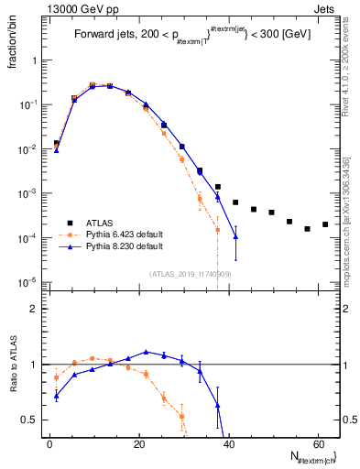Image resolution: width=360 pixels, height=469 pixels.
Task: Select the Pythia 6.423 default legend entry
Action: tap(115, 234)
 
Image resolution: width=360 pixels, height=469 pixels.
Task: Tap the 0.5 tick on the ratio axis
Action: tap(32, 420)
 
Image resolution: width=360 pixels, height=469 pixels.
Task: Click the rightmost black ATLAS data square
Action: tap(325, 224)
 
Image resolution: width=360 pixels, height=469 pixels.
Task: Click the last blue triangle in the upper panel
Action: tap(235, 236)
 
